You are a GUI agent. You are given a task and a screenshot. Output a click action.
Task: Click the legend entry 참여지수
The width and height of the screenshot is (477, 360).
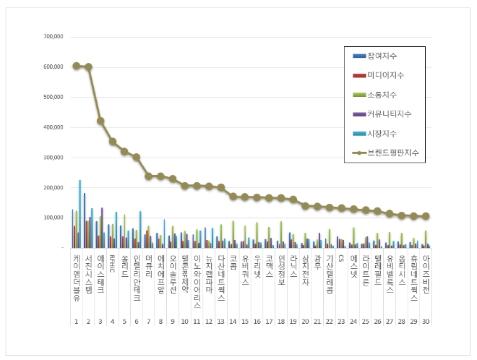tap(382, 56)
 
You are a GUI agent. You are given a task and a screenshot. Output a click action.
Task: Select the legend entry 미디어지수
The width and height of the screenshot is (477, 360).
tap(385, 75)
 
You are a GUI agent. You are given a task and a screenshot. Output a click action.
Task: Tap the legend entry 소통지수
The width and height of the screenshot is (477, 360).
tap(382, 95)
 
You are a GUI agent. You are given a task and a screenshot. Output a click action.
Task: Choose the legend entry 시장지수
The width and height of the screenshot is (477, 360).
tap(382, 133)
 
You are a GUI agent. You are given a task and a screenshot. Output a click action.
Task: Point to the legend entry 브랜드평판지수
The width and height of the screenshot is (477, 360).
tap(392, 153)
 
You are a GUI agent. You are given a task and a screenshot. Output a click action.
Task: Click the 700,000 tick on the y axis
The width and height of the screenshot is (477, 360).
tap(53, 36)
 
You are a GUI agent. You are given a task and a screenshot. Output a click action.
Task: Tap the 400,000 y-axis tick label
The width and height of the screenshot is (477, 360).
tap(53, 127)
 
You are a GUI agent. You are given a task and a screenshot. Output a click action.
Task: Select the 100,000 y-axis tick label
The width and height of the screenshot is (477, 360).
tap(53, 218)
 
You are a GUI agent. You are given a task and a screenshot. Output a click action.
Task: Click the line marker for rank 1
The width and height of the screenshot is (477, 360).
tap(77, 66)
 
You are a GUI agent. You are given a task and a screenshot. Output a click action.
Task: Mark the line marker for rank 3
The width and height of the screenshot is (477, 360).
tap(100, 121)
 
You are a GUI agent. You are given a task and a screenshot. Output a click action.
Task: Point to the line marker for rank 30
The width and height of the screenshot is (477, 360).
tap(426, 216)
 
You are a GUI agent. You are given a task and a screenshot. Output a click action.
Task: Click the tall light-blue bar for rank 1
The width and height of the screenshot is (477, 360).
tap(79, 213)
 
